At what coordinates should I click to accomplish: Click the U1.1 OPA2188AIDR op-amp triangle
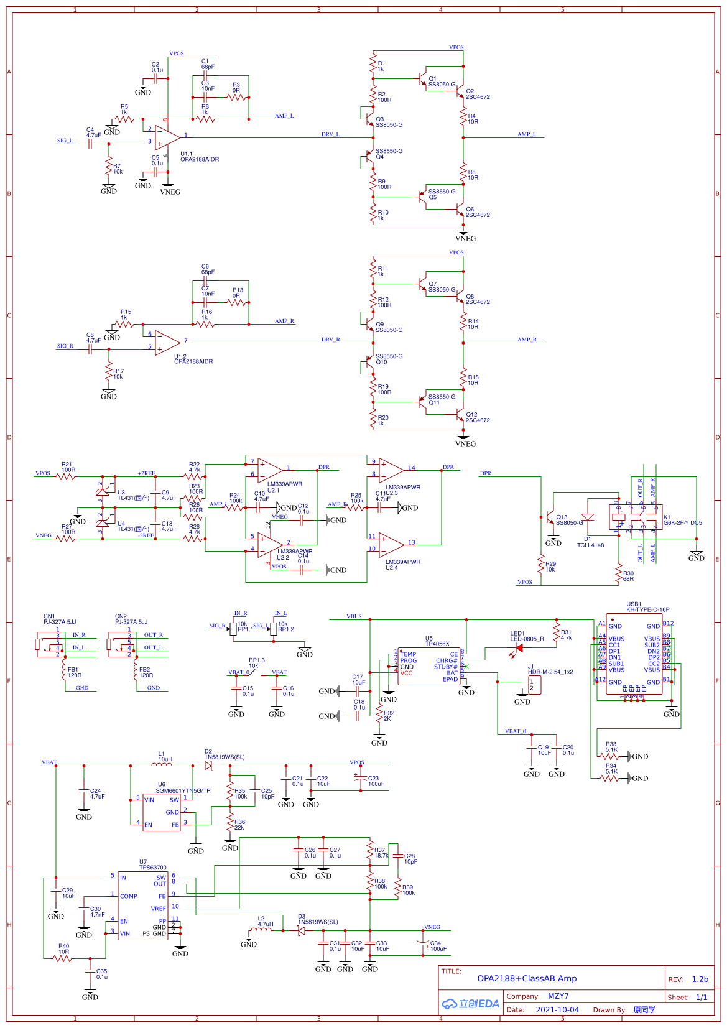(x=166, y=138)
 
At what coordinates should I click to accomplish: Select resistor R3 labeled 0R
(x=236, y=97)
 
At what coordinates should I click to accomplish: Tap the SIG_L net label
(x=65, y=141)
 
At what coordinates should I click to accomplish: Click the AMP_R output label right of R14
(x=527, y=340)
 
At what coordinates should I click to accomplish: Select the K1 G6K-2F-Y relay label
(x=682, y=520)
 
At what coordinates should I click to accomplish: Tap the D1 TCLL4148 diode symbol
(x=587, y=517)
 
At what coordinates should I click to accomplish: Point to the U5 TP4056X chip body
(x=428, y=666)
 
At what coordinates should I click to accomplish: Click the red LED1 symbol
(x=519, y=648)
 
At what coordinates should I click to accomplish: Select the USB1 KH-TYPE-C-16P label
(x=647, y=607)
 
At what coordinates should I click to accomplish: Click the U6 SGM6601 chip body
(x=162, y=812)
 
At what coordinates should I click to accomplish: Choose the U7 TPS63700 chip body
(x=142, y=905)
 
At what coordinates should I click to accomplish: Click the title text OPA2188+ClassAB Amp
(x=527, y=978)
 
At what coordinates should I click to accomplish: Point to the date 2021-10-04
(x=557, y=1009)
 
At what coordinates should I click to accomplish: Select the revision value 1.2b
(x=700, y=979)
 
